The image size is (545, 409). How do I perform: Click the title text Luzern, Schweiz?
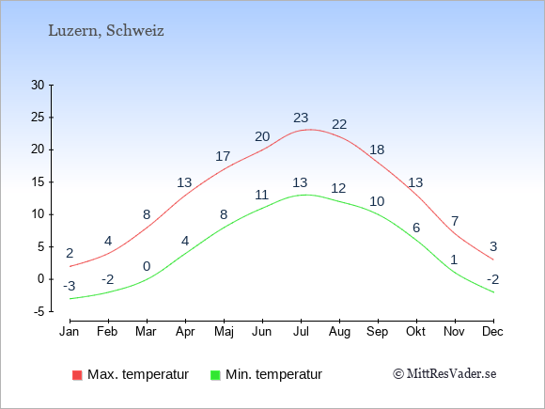click(106, 31)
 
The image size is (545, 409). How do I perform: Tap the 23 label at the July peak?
click(301, 118)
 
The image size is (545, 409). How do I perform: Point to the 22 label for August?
click(339, 124)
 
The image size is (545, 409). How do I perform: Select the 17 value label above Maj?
click(223, 156)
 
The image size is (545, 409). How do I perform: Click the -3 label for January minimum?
click(70, 286)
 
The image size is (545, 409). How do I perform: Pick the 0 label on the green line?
click(147, 266)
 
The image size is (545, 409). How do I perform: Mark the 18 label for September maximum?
click(377, 149)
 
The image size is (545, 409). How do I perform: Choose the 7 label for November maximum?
click(455, 221)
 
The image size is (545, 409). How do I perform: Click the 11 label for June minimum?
click(262, 195)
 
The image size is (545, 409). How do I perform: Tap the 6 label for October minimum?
click(416, 228)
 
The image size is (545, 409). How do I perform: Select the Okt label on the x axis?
click(415, 332)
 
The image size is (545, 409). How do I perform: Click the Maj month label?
click(224, 332)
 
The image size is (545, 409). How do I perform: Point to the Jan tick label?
click(70, 332)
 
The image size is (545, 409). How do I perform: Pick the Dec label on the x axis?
click(493, 332)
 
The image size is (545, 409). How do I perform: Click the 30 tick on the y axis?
click(38, 85)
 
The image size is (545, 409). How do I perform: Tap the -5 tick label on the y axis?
click(39, 311)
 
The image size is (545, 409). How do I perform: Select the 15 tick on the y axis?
click(38, 181)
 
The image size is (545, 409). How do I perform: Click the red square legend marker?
click(77, 375)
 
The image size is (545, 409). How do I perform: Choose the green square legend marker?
click(215, 375)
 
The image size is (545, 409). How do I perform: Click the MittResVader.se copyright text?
click(444, 374)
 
